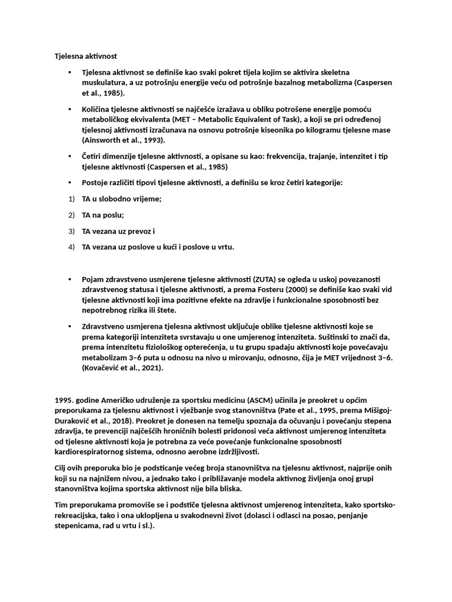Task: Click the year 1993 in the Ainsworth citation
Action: coord(151,141)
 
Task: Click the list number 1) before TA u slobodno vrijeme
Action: coord(72,199)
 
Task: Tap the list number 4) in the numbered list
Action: coord(72,247)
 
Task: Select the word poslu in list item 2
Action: coord(113,215)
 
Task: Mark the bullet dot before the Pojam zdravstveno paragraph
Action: coord(69,279)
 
